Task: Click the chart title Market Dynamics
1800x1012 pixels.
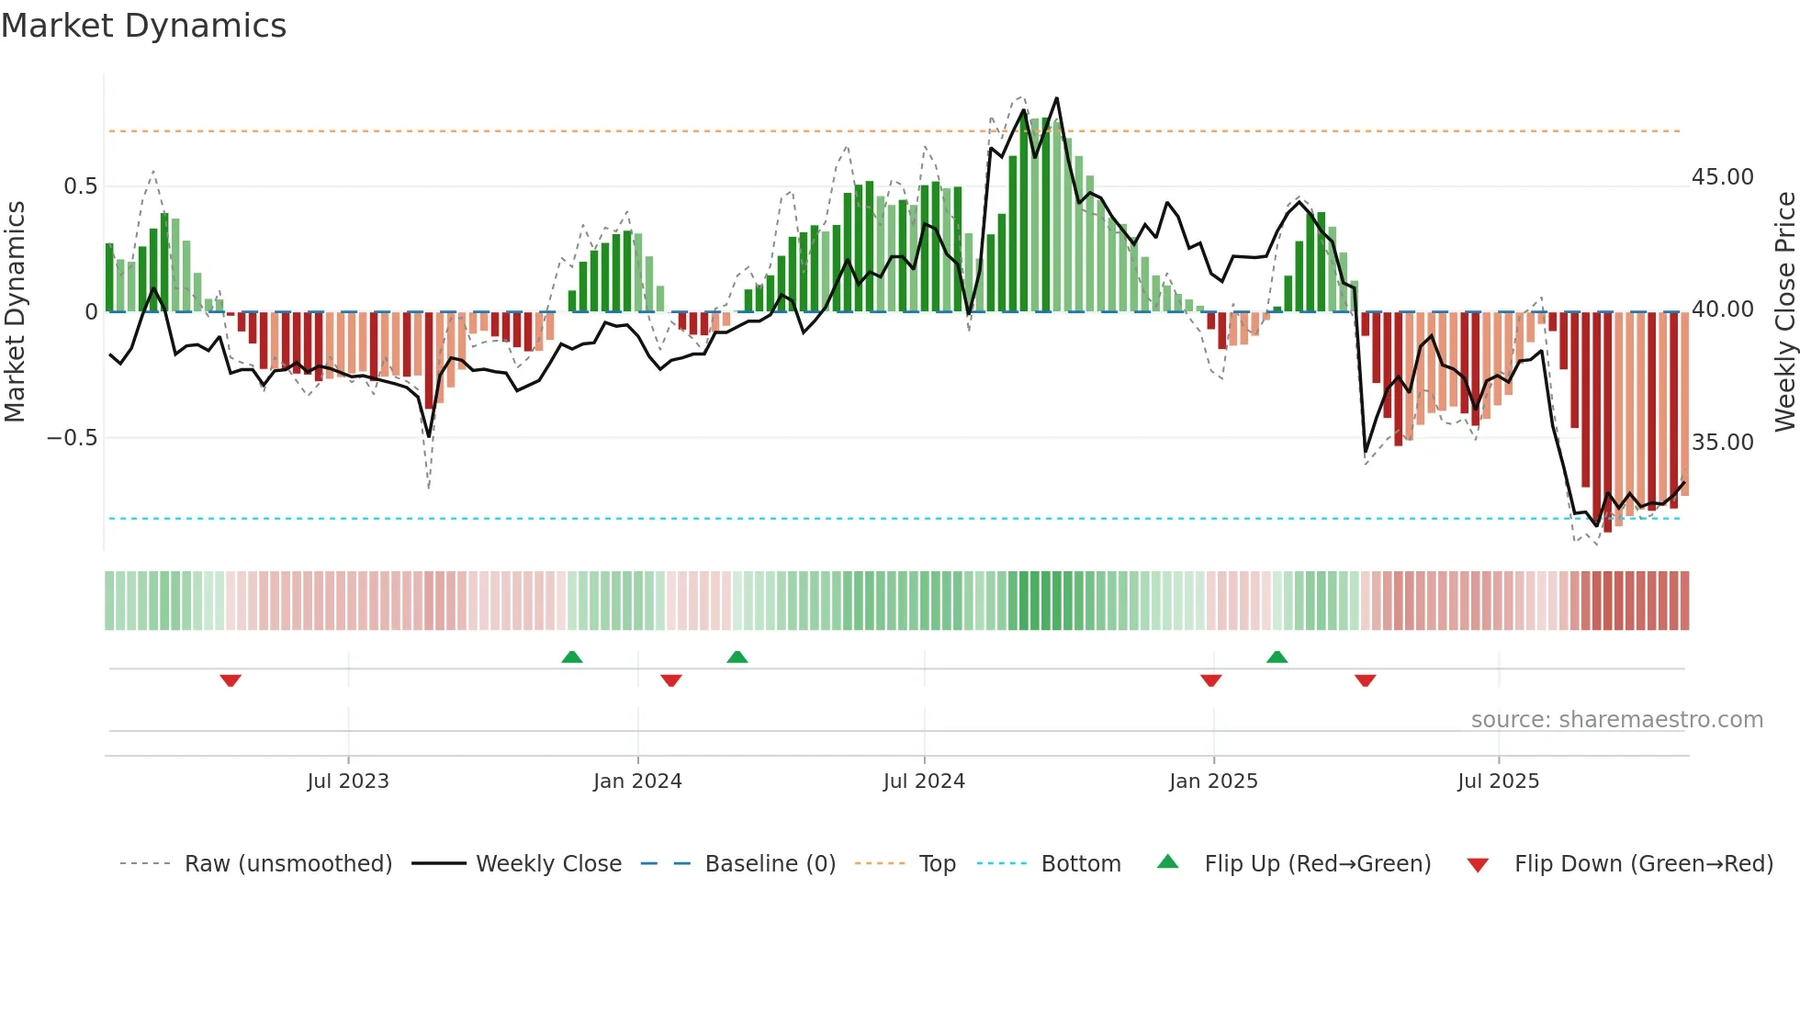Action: tap(143, 26)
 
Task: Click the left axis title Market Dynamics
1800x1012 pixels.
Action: tap(15, 312)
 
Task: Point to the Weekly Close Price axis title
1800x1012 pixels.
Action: tap(1784, 312)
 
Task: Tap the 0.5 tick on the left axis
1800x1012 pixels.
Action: tap(80, 186)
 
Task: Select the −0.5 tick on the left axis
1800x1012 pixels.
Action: tap(73, 438)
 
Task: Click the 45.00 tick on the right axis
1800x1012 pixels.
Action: tap(1722, 177)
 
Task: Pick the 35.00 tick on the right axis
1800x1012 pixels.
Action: tap(1722, 443)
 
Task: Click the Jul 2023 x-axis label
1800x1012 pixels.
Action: tap(348, 781)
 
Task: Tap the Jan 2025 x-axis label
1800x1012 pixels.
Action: tap(1213, 781)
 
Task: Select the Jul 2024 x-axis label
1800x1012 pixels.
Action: tap(924, 781)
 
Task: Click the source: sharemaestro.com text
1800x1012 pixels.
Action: tap(1616, 720)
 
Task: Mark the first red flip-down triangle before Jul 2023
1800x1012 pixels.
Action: tap(231, 680)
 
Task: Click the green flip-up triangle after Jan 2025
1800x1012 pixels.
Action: tap(1277, 657)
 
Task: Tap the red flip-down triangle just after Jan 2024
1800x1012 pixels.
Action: tap(671, 680)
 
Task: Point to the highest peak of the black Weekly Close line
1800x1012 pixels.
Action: tap(1057, 98)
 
